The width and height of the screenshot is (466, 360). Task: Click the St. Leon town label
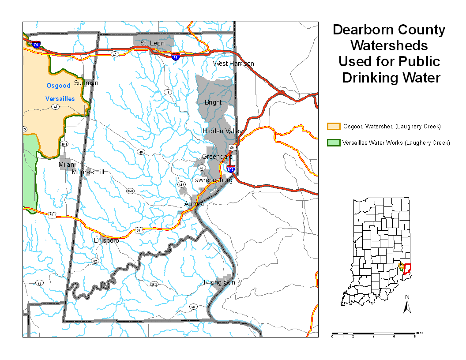click(152, 43)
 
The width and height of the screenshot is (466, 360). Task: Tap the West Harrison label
click(233, 64)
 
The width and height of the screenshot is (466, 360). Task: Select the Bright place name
click(213, 102)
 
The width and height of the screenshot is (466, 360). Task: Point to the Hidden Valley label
click(222, 131)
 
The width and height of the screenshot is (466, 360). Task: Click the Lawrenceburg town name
click(212, 180)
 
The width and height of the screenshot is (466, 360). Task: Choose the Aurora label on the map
click(194, 204)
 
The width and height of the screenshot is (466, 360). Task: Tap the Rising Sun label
click(219, 282)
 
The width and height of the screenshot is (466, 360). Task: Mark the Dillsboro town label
click(106, 240)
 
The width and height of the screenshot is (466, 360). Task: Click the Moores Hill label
click(88, 172)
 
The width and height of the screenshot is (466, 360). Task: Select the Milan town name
click(67, 165)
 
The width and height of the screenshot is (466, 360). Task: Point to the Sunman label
click(86, 83)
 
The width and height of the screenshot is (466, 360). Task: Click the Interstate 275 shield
click(230, 169)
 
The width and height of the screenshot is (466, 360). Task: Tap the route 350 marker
click(130, 191)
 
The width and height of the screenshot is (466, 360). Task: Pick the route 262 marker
click(154, 284)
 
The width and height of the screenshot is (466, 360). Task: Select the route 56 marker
click(193, 307)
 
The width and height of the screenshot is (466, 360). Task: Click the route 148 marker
click(181, 184)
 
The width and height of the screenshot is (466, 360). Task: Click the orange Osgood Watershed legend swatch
click(333, 127)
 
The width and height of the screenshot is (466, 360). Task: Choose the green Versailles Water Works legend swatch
click(333, 142)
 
